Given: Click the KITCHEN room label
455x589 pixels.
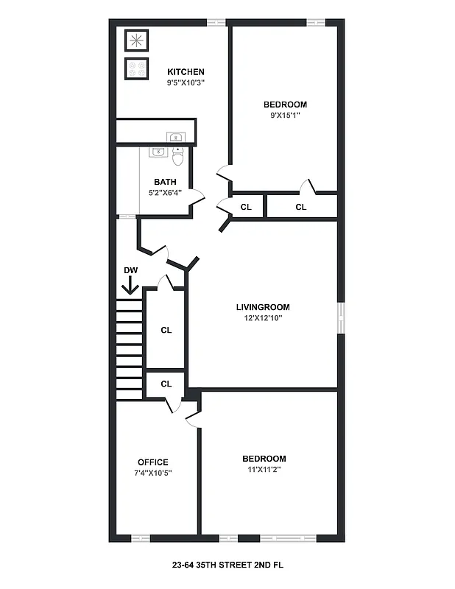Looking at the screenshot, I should click(x=186, y=71).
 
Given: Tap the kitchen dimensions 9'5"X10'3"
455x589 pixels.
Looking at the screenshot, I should click(x=186, y=82).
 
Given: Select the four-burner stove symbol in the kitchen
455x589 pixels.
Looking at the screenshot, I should click(x=136, y=68).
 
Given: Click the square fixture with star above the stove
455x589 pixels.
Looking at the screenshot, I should click(x=136, y=40).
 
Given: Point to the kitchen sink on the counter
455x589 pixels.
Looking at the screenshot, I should click(x=175, y=136).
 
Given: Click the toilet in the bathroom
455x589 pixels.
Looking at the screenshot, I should click(x=178, y=157).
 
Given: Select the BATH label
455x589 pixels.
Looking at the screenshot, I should click(x=165, y=182).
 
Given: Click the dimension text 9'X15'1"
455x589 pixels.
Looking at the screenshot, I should click(x=285, y=115).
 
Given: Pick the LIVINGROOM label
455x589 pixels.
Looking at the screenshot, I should click(x=263, y=307).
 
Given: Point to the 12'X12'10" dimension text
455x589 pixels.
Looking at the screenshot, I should click(x=263, y=318).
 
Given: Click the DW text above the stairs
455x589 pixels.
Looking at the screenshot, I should click(x=131, y=270).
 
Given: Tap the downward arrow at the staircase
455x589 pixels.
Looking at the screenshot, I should click(x=130, y=286).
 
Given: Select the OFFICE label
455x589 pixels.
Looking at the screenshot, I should click(x=153, y=462).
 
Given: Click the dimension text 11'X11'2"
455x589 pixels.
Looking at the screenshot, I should click(x=264, y=469).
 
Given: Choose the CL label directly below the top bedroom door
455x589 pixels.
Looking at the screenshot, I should click(x=300, y=207).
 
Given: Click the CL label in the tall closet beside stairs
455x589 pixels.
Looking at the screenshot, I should click(x=166, y=330).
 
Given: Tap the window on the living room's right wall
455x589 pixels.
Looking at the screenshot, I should click(x=340, y=317).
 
